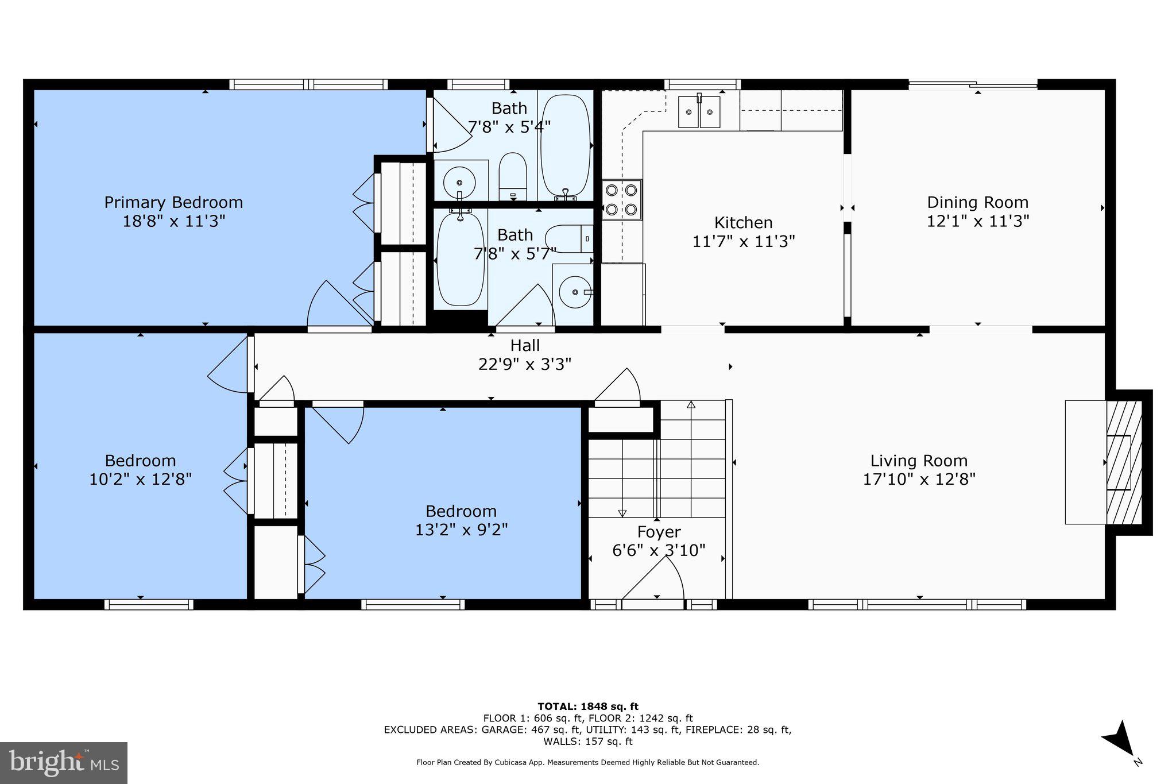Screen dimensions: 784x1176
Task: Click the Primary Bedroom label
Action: pyautogui.click(x=173, y=203)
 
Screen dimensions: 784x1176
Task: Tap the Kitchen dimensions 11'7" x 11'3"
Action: pyautogui.click(x=743, y=241)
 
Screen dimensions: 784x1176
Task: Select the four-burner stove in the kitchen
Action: pyautogui.click(x=622, y=199)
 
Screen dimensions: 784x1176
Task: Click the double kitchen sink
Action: pyautogui.click(x=699, y=112)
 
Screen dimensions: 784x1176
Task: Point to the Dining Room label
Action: pyautogui.click(x=977, y=203)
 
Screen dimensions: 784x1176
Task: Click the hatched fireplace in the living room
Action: pyautogui.click(x=1123, y=462)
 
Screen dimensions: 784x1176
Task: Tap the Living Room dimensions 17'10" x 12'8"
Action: pyautogui.click(x=919, y=480)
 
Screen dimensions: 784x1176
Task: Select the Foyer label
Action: pyautogui.click(x=659, y=532)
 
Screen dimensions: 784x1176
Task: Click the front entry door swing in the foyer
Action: pyautogui.click(x=655, y=580)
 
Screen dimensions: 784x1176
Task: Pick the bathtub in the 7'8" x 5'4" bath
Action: pyautogui.click(x=565, y=146)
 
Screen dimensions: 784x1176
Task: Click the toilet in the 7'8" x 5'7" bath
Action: pyautogui.click(x=568, y=239)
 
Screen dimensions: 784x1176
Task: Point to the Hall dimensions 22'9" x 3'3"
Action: pyautogui.click(x=524, y=365)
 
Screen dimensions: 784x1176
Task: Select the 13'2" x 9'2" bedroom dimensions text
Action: pyautogui.click(x=461, y=530)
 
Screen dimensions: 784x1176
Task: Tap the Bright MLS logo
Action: pyautogui.click(x=64, y=763)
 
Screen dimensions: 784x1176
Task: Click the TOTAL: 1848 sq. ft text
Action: pyautogui.click(x=587, y=706)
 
